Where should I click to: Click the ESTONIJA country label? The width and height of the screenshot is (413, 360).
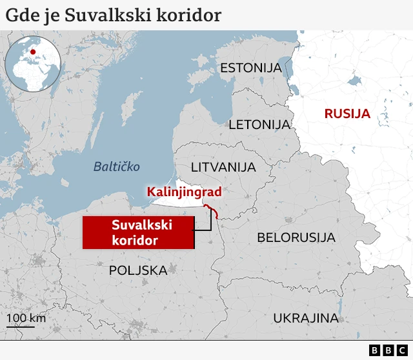pos(251,68)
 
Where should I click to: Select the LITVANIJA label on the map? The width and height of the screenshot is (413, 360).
pos(223,167)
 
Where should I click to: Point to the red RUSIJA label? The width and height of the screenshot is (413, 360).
pos(347,114)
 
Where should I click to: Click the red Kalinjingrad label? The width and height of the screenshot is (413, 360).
pos(184,192)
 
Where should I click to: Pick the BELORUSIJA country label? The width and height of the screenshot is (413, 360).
pos(296,237)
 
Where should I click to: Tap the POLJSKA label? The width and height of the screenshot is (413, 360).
pos(138,270)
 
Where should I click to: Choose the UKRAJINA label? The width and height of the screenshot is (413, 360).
pos(306,317)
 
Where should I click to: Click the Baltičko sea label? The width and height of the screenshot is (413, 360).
pos(117,166)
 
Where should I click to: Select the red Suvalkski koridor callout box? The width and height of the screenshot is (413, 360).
pos(138,232)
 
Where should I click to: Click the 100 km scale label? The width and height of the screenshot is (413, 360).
pos(26,318)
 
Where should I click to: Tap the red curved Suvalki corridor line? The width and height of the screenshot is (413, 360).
pos(212,212)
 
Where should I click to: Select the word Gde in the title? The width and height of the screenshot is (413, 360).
pos(21,15)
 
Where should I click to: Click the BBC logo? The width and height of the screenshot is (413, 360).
pos(389,350)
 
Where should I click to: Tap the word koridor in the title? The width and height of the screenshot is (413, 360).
pos(189,15)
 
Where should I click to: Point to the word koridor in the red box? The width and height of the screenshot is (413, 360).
pos(135,240)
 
